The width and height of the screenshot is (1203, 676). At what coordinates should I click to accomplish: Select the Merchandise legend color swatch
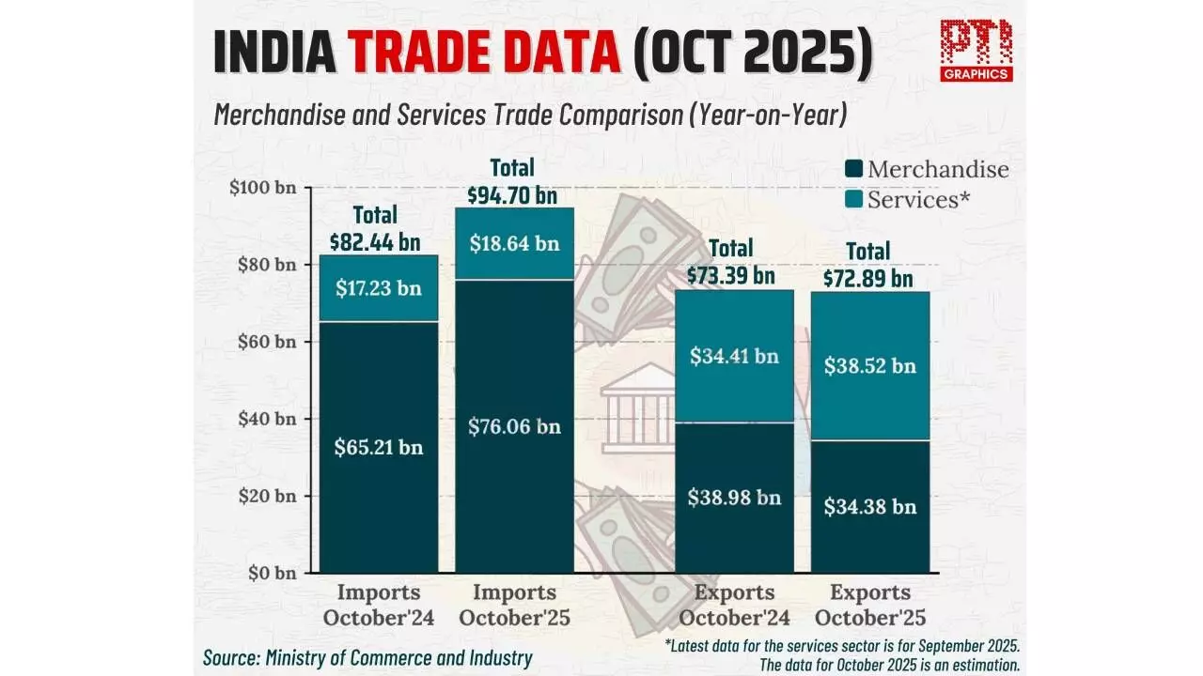point(853,170)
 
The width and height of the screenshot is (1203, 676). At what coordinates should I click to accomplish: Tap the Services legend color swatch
point(853,199)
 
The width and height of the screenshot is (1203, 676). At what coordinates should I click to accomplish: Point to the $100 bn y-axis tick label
point(262,187)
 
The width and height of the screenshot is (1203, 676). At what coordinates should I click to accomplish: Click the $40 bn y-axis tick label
point(266,419)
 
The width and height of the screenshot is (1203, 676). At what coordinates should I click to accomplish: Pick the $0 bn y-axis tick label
point(271,573)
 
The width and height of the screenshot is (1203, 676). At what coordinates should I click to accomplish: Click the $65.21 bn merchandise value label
point(379,448)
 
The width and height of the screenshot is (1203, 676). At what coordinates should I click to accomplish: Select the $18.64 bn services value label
point(514,244)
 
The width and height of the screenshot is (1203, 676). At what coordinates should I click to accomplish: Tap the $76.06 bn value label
point(514,426)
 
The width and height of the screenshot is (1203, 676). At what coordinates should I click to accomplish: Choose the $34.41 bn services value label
point(734,357)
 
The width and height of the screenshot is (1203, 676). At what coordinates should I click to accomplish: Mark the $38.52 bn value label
point(869,366)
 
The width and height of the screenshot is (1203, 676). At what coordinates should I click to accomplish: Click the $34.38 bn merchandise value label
point(869,507)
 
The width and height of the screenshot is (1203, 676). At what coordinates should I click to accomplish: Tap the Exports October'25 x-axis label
point(870,606)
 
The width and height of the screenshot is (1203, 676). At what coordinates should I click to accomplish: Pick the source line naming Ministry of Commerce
point(367,658)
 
